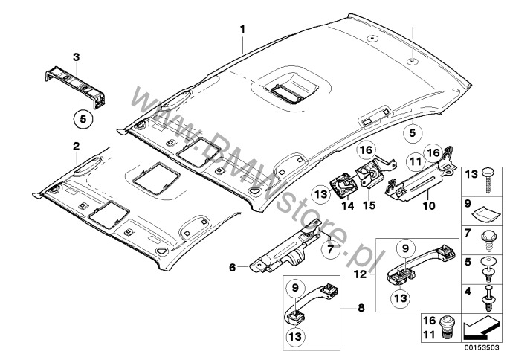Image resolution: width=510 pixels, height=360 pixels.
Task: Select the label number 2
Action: tap(77, 147)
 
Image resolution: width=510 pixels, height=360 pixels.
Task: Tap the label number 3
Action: tap(76, 57)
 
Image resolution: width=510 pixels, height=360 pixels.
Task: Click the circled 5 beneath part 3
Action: tap(83, 117)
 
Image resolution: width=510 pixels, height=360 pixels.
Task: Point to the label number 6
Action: tap(233, 266)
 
